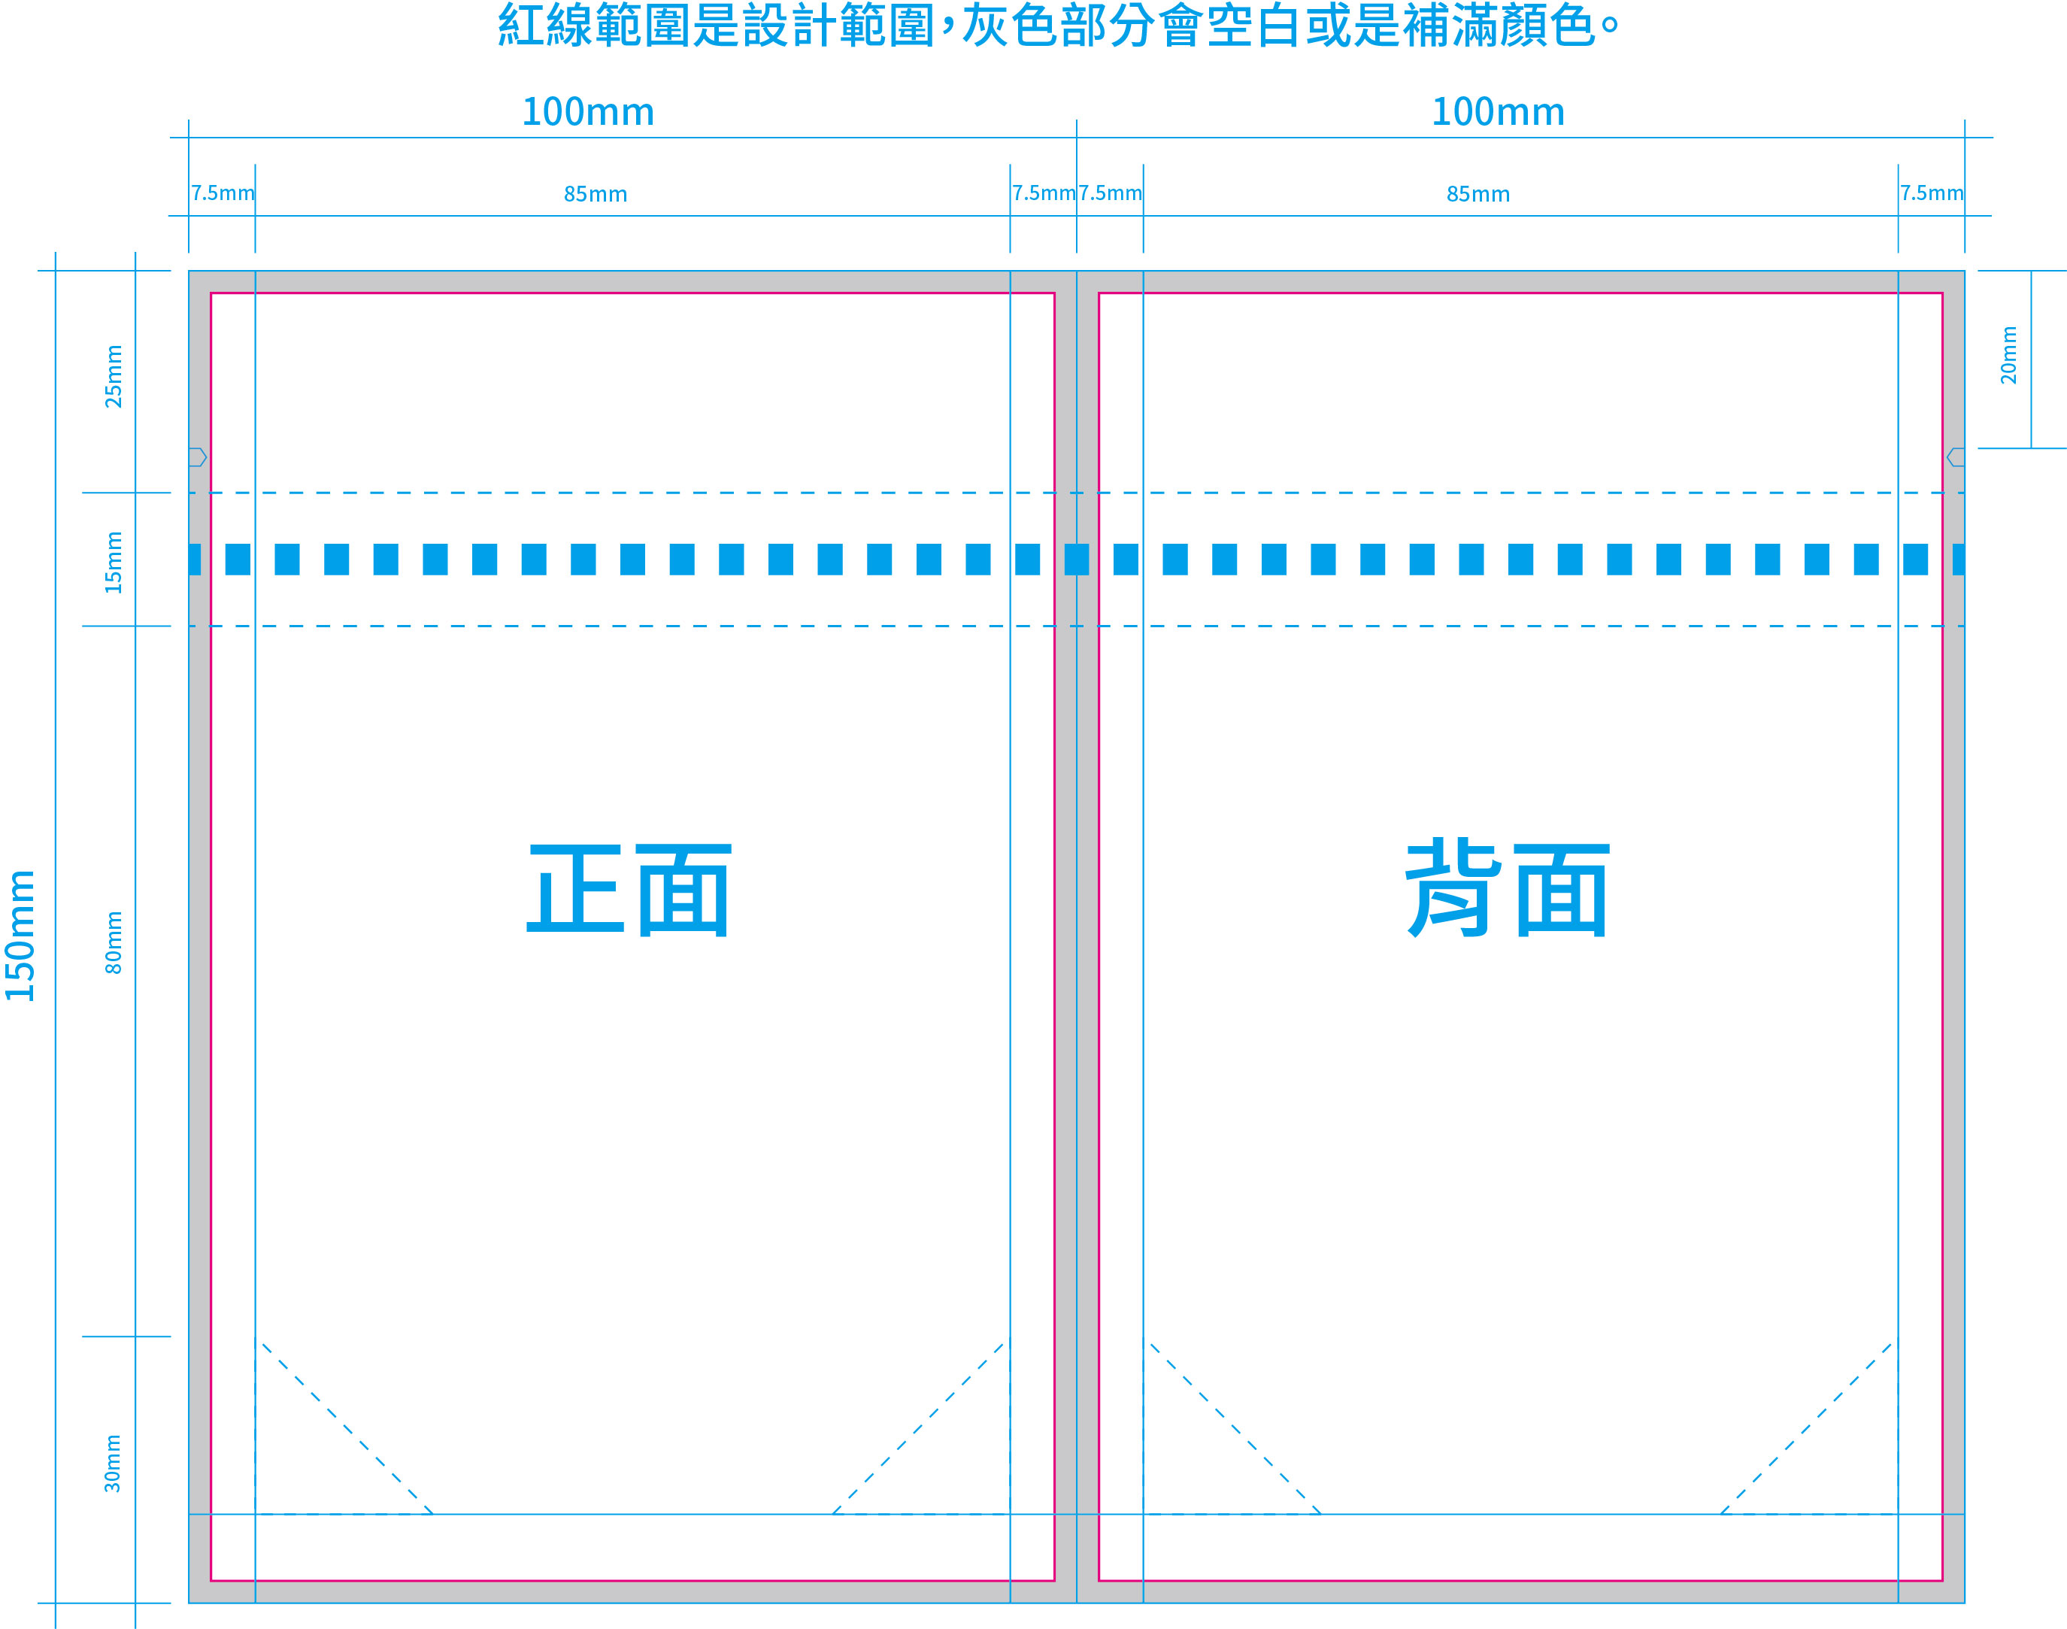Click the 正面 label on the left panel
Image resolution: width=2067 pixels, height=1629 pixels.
coord(629,890)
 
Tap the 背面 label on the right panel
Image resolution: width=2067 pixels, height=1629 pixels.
coord(1508,888)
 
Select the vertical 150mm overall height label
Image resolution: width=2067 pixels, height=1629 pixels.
coord(20,936)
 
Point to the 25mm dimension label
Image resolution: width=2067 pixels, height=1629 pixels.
coord(114,377)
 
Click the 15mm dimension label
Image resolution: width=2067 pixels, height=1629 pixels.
coord(114,563)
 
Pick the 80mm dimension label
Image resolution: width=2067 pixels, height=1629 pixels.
coord(114,942)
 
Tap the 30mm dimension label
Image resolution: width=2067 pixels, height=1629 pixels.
coord(114,1463)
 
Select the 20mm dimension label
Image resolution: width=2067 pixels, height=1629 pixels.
coord(2009,355)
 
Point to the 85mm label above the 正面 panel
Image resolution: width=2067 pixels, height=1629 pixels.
coord(596,195)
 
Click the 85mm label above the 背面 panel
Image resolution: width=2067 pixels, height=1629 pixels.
coord(1479,195)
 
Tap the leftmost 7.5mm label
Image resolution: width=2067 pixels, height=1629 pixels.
coord(223,193)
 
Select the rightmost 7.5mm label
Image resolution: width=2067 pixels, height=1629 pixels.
coord(1932,193)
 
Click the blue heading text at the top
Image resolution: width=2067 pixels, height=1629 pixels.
coord(1058,26)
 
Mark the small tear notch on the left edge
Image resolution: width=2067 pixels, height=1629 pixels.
coord(197,457)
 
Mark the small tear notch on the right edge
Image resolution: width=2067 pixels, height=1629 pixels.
coord(1956,457)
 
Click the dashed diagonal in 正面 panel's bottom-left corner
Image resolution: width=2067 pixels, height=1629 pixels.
coord(347,1429)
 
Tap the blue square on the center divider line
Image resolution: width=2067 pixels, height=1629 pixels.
coord(1077,560)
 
